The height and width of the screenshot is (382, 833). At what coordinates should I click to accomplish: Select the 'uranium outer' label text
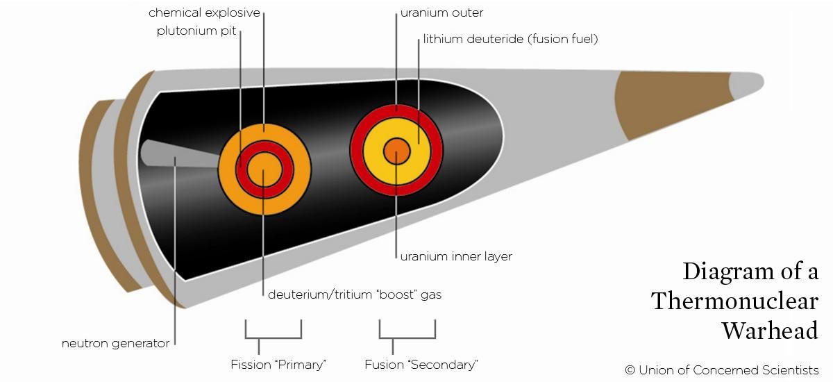(441, 13)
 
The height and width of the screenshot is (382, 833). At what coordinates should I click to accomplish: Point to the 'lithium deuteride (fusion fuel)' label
(510, 40)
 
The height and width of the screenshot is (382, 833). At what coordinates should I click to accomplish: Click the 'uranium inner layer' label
(456, 256)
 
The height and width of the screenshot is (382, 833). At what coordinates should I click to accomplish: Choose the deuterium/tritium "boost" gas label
(355, 294)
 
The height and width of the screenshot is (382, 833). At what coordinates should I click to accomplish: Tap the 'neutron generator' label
(115, 343)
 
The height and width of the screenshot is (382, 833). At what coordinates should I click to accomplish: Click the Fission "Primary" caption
(278, 364)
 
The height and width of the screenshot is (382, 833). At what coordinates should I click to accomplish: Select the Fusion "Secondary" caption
(421, 364)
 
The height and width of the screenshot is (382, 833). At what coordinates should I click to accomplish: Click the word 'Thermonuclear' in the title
(734, 301)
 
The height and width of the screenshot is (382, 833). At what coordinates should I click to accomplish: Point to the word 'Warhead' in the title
(770, 331)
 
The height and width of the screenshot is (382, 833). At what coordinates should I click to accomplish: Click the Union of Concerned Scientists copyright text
(721, 369)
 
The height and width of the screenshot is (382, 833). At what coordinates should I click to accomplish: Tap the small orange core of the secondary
(396, 150)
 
